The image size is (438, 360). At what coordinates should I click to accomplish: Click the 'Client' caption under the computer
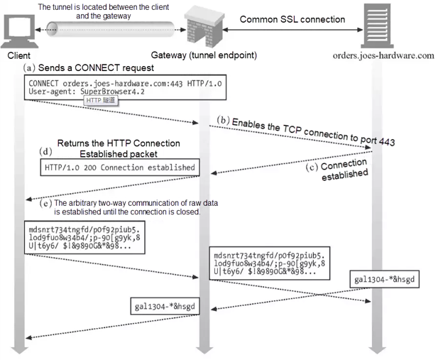coord(20,55)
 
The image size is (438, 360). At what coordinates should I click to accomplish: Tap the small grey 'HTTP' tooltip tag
coord(101,102)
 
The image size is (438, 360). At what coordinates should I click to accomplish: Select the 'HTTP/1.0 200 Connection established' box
coord(119,168)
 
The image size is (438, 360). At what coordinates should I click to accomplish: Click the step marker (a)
coord(29,67)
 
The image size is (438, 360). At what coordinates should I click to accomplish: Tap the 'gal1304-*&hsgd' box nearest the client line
coord(164,306)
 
